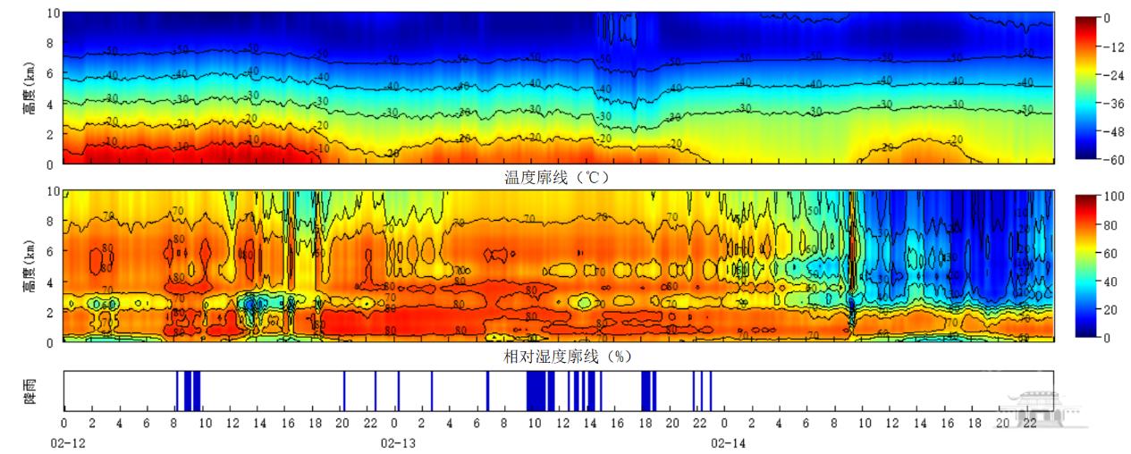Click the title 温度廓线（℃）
[555, 177]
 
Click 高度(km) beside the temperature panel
[30, 97]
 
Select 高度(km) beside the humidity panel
[30, 272]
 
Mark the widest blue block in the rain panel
[540, 391]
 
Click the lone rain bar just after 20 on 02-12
[344, 391]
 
